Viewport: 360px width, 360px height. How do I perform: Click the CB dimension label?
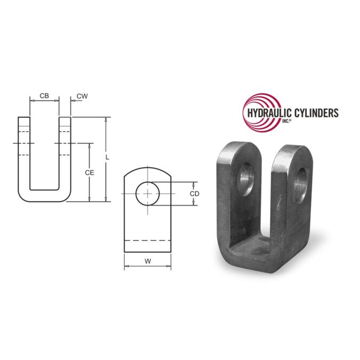(44, 96)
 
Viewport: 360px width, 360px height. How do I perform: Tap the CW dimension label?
(82, 96)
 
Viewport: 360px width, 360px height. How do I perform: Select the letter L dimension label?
(108, 157)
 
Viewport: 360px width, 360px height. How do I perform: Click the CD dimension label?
(195, 194)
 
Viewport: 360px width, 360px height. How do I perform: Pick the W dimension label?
(147, 261)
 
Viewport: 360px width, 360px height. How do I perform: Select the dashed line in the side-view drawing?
(147, 240)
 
